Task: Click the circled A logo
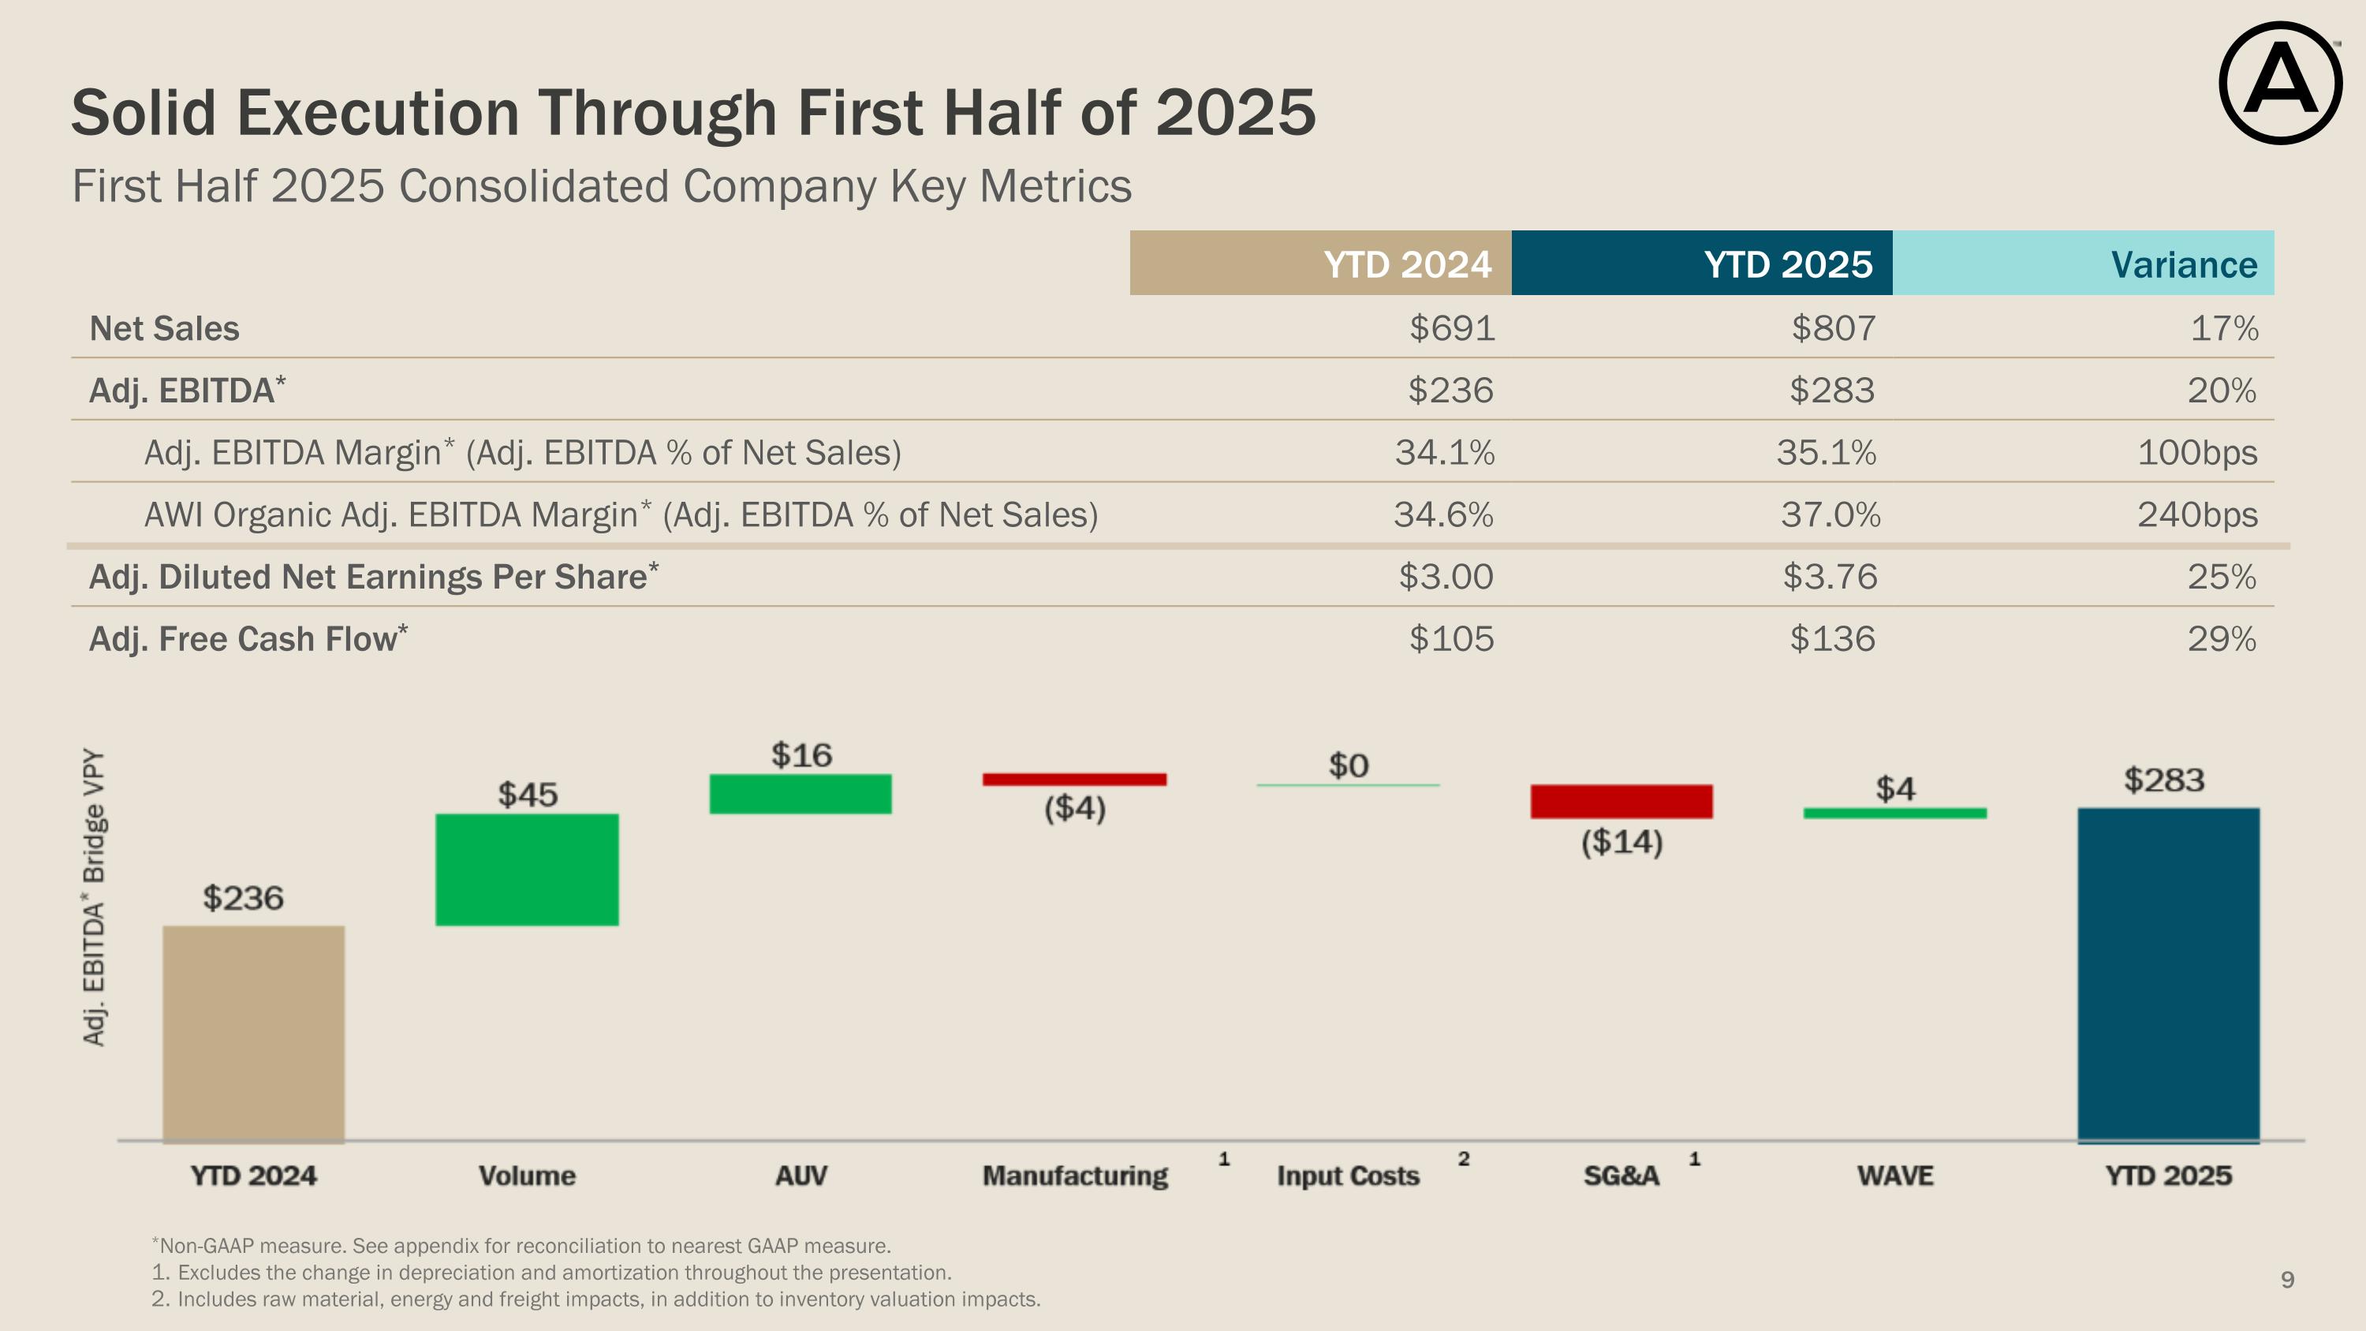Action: pyautogui.click(x=2280, y=83)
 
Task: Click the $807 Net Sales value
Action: pyautogui.click(x=1834, y=328)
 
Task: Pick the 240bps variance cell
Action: pyautogui.click(x=2197, y=514)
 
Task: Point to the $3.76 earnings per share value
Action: pyautogui.click(x=1830, y=577)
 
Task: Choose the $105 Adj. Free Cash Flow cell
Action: pyautogui.click(x=1451, y=638)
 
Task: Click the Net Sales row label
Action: pyautogui.click(x=164, y=329)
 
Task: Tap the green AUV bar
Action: pyautogui.click(x=800, y=794)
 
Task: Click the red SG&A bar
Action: pyautogui.click(x=1621, y=801)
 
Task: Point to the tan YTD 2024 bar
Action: pyautogui.click(x=253, y=1034)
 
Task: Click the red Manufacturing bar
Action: pyautogui.click(x=1073, y=779)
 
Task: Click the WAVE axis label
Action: pyautogui.click(x=1895, y=1176)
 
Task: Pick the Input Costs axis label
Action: pyautogui.click(x=1347, y=1176)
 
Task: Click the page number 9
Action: pyautogui.click(x=2287, y=1280)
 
